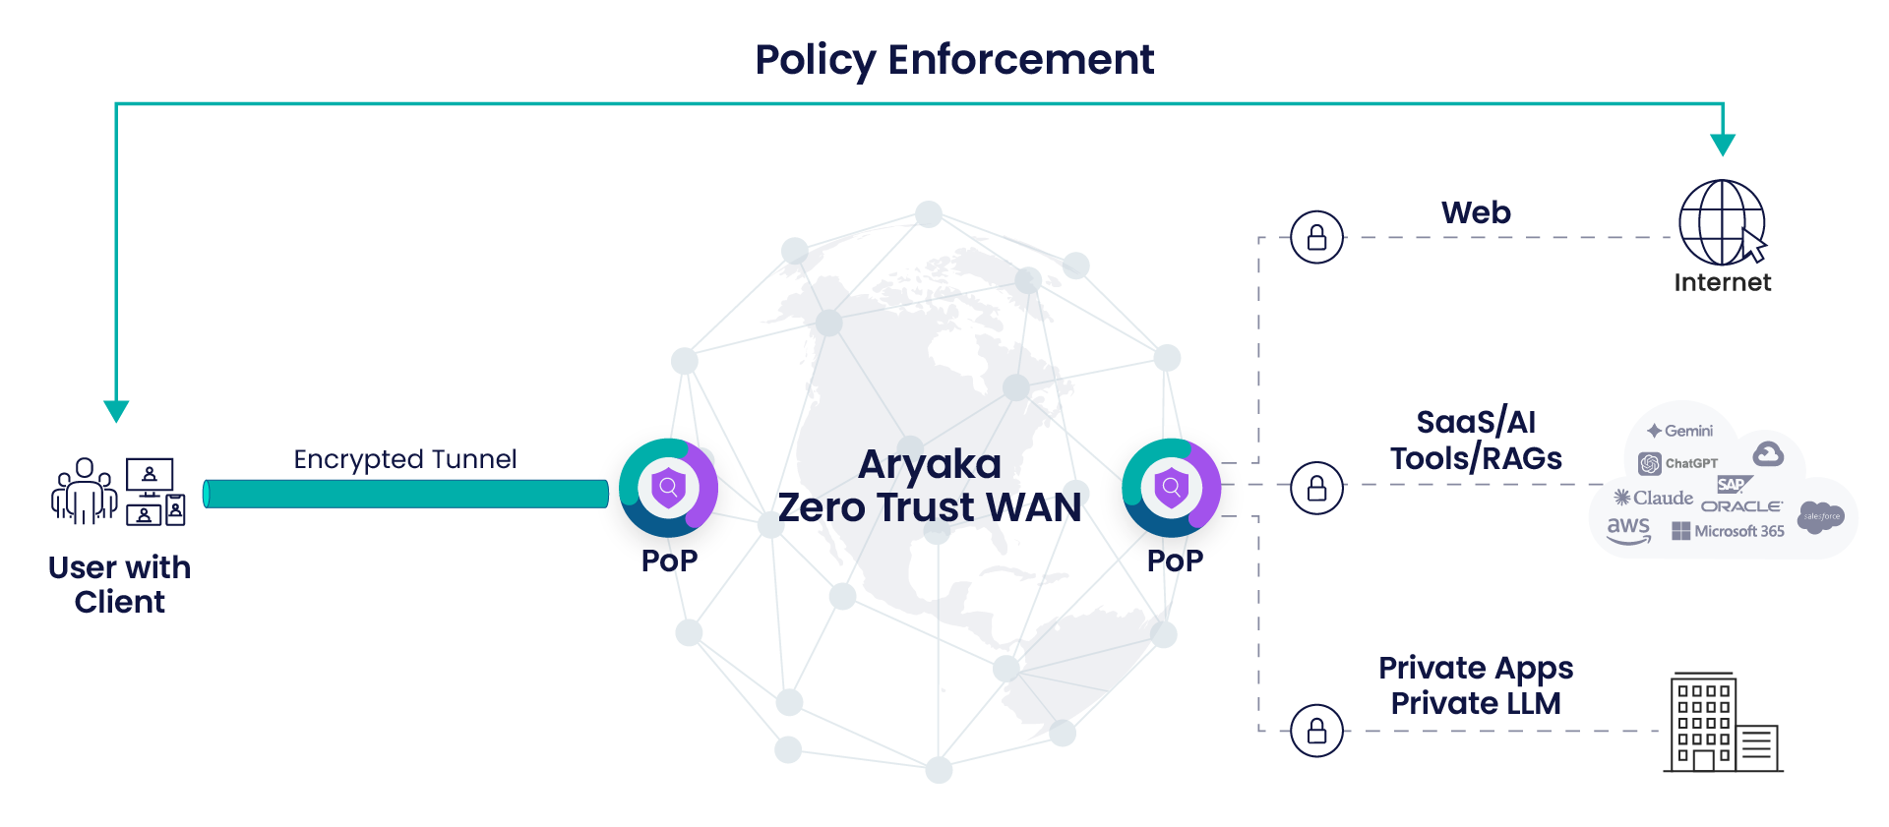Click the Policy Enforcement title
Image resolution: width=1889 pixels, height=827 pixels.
pyautogui.click(x=953, y=59)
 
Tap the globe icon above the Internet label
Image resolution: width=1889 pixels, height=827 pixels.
pyautogui.click(x=1721, y=222)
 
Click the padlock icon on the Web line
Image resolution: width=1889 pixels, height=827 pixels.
pyautogui.click(x=1316, y=237)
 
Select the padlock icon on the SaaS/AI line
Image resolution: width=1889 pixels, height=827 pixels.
pyautogui.click(x=1316, y=487)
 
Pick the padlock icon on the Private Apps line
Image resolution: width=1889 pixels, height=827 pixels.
pyautogui.click(x=1316, y=731)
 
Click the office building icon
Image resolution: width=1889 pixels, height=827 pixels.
pyautogui.click(x=1722, y=723)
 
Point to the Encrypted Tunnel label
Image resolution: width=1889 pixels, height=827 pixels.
pyautogui.click(x=404, y=459)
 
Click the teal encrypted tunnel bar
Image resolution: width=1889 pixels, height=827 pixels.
pyautogui.click(x=404, y=494)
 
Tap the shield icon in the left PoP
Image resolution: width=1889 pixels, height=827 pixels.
pyautogui.click(x=668, y=486)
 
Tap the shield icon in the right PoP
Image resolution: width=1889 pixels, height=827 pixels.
pyautogui.click(x=1171, y=487)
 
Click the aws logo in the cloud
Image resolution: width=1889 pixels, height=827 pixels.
pyautogui.click(x=1628, y=529)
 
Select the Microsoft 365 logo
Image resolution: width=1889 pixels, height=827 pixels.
pyautogui.click(x=1728, y=531)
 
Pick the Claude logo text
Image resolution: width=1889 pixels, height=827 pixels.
pyautogui.click(x=1654, y=498)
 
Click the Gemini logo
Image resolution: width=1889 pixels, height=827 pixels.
pyautogui.click(x=1680, y=431)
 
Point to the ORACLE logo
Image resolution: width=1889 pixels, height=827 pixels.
pyautogui.click(x=1741, y=506)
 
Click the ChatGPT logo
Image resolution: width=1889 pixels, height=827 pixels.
pyautogui.click(x=1678, y=463)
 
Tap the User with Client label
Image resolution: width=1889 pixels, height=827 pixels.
pyautogui.click(x=119, y=584)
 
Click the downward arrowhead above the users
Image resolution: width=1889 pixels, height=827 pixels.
pyautogui.click(x=116, y=410)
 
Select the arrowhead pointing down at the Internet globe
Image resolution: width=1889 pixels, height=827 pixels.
pyautogui.click(x=1722, y=145)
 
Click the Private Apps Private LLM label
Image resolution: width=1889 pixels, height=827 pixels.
pyautogui.click(x=1475, y=685)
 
